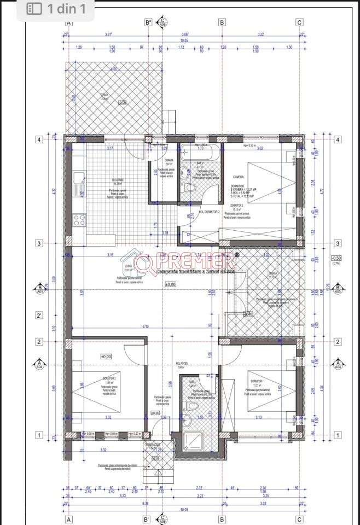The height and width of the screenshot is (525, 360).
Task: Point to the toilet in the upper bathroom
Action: pos(190,188)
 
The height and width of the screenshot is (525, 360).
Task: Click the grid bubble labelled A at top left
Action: pos(69,22)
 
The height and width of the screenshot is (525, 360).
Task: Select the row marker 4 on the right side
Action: pos(338,139)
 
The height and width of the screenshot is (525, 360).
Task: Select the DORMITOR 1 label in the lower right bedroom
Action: pos(258,381)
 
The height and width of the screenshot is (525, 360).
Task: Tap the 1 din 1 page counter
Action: pos(57,8)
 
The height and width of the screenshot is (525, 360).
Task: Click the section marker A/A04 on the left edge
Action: pos(39,364)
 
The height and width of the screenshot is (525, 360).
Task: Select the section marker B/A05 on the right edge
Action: pos(338,289)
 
